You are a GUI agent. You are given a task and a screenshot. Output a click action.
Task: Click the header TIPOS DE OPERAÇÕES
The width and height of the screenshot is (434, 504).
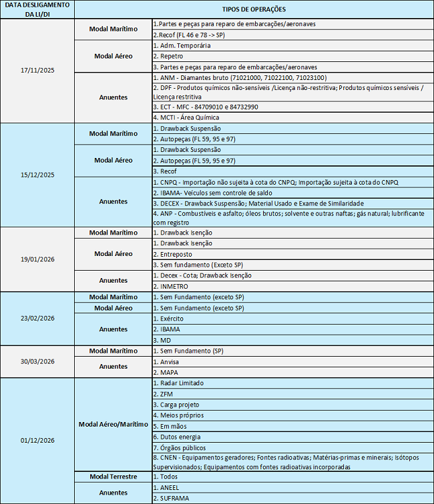point(253,9)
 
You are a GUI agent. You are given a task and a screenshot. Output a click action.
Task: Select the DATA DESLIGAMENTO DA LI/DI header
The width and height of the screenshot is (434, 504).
point(37,9)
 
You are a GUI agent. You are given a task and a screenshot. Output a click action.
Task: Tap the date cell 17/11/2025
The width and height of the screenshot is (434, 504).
point(37,71)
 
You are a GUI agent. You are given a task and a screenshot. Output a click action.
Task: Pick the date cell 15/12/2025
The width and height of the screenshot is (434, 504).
point(37,175)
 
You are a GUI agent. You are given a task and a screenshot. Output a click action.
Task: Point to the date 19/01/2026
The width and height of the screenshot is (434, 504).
point(37,259)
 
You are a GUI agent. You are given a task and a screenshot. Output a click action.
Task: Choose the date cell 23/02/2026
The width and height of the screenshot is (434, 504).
point(37,318)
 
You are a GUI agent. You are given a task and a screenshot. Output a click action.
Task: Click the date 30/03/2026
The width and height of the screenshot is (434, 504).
point(37,361)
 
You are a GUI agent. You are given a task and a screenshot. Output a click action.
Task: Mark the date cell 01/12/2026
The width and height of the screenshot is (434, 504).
point(37,441)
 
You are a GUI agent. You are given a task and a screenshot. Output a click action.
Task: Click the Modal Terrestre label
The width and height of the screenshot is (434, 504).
point(113,477)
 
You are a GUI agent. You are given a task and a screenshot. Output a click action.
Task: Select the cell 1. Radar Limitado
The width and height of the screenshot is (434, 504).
point(178,383)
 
